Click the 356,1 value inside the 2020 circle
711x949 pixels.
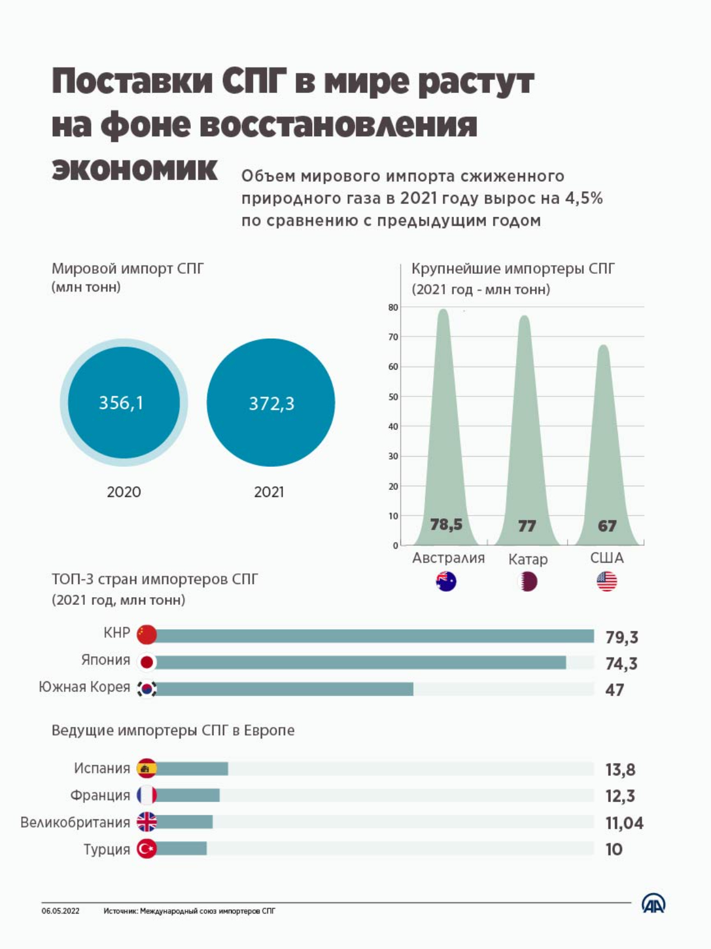point(121,402)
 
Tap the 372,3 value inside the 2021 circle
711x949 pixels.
point(271,403)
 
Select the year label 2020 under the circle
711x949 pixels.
point(124,492)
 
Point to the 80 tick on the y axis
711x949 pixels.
point(393,307)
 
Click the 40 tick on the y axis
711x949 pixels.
point(393,427)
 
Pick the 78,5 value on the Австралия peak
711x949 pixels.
point(446,524)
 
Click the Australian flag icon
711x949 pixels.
point(446,581)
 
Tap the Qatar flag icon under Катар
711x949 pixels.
point(527,582)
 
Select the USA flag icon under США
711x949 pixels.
point(607,581)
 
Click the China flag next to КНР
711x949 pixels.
point(147,634)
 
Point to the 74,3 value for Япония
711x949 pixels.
point(622,663)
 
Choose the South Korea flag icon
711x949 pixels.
point(147,689)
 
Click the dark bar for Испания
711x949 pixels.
point(191,769)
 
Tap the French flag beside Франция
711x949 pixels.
point(147,795)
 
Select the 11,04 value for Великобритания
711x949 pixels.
point(624,823)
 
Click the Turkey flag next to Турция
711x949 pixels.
point(147,849)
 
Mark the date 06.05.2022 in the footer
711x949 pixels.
point(60,911)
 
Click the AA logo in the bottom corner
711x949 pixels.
point(654,903)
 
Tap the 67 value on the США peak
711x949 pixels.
point(607,525)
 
